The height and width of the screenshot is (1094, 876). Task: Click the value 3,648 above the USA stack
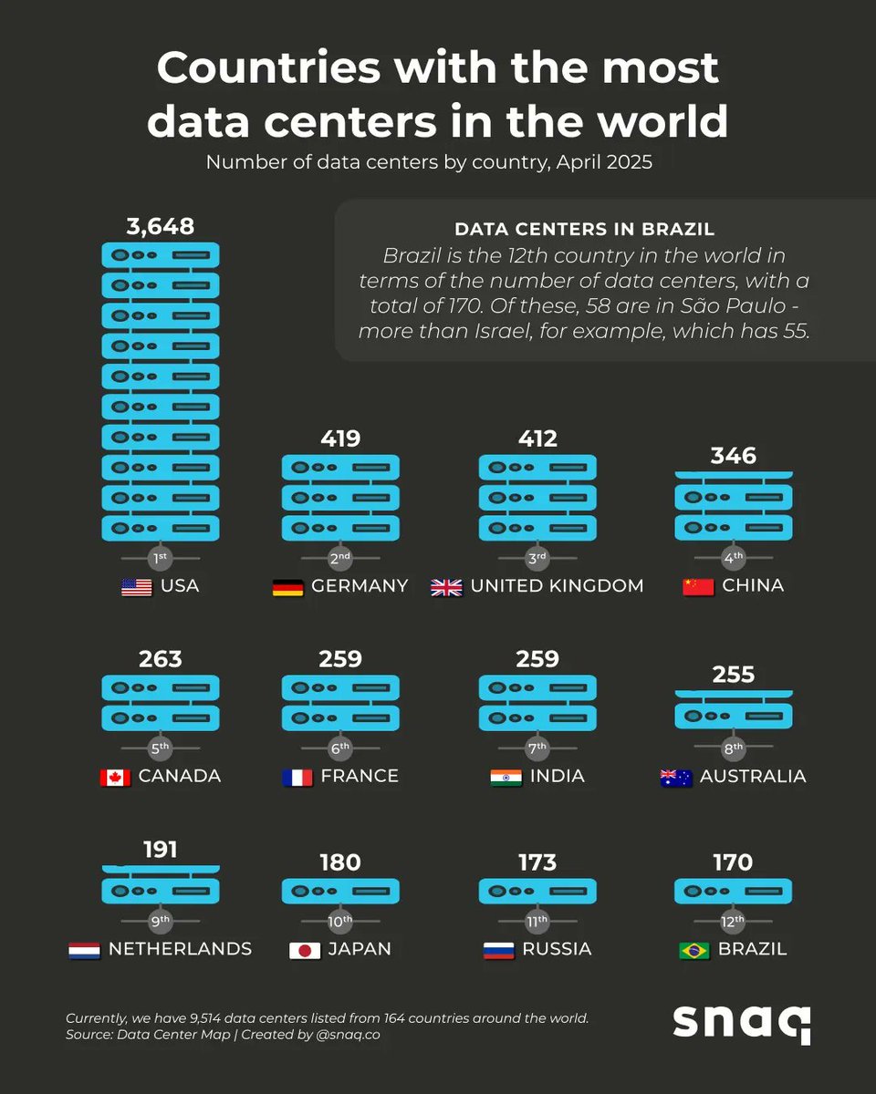click(x=161, y=225)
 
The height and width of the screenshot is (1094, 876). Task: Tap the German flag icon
click(x=287, y=587)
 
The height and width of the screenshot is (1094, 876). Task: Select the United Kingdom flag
click(x=446, y=587)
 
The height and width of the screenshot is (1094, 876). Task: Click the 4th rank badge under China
click(x=734, y=557)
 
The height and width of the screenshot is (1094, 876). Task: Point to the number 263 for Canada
click(x=161, y=658)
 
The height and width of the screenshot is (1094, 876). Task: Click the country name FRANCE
click(x=360, y=776)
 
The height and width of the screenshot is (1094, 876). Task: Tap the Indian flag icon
click(x=506, y=778)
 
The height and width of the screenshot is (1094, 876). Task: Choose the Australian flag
click(x=675, y=778)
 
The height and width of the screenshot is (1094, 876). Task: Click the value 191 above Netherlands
click(x=161, y=850)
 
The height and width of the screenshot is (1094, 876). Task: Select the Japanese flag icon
click(x=304, y=950)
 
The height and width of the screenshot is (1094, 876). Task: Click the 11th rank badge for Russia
click(x=537, y=922)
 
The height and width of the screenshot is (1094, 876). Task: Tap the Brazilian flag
click(x=694, y=950)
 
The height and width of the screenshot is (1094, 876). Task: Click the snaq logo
click(x=742, y=1024)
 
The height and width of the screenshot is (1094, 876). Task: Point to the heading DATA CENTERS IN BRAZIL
click(x=584, y=229)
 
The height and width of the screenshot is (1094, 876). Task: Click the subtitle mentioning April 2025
click(x=429, y=163)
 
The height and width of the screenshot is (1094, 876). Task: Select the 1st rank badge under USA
click(x=161, y=557)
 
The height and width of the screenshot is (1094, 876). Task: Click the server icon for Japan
click(x=340, y=891)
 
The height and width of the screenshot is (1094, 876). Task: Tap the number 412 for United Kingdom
click(x=537, y=439)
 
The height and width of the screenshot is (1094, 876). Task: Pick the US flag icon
click(x=136, y=587)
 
